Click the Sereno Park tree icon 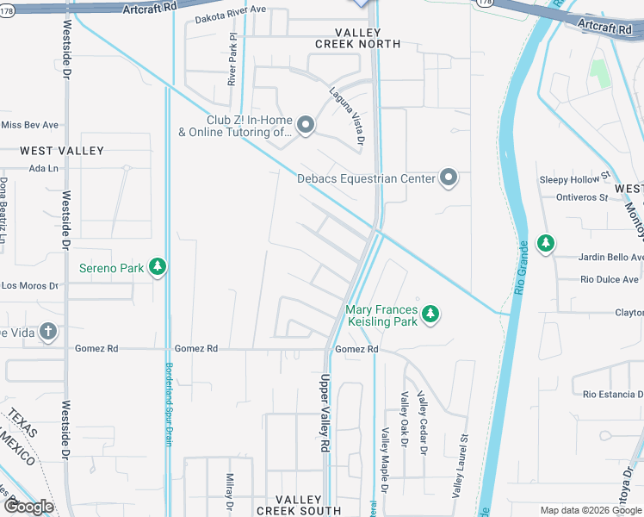pos(157,268)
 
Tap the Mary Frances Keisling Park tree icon pos(431,315)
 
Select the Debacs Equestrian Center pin pos(448,178)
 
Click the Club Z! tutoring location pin pos(305,127)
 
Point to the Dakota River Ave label pos(231,19)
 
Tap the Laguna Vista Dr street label pos(348,115)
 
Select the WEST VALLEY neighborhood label pos(62,151)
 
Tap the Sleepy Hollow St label pos(574,179)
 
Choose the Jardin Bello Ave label pos(599,257)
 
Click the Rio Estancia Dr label pos(612,394)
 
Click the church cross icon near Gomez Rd pos(48,331)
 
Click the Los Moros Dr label pos(28,285)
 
